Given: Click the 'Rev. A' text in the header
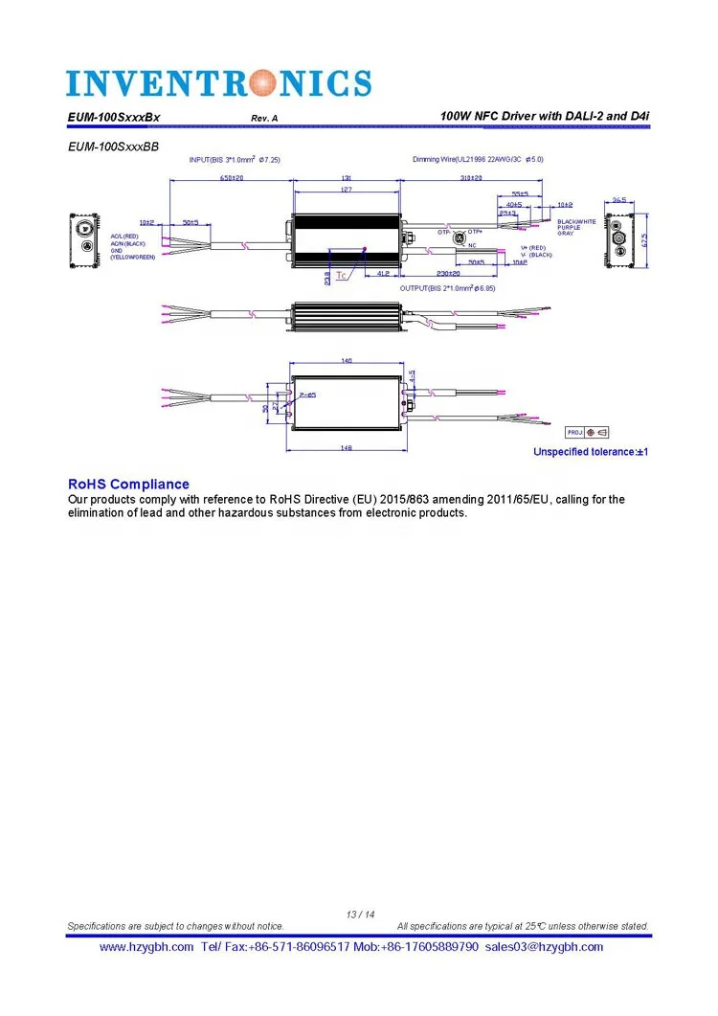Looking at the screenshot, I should (x=264, y=118).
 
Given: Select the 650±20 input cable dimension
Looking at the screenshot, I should (x=231, y=178).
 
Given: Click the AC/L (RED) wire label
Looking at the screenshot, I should (x=124, y=236).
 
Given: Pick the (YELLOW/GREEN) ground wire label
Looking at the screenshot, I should (x=133, y=257).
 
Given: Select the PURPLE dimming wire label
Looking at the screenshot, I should (x=570, y=228).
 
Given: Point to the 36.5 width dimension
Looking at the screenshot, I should (x=619, y=200).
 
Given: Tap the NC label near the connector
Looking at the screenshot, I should (x=472, y=245).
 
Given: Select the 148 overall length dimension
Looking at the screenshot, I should (x=347, y=447).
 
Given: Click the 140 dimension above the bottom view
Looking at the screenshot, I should (x=347, y=360).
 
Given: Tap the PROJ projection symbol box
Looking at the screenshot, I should (x=588, y=432).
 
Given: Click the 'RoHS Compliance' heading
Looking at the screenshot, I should (x=128, y=485).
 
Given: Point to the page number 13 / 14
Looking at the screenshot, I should (x=360, y=914).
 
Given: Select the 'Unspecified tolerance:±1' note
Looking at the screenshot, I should (x=591, y=451).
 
